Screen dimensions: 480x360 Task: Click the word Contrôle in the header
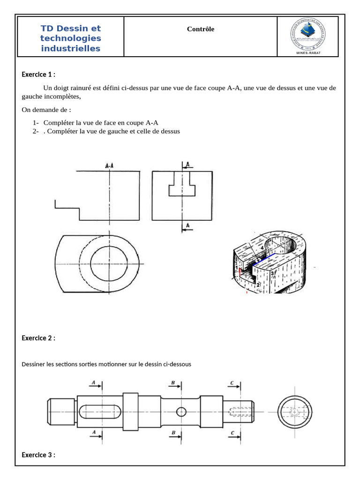point(201,29)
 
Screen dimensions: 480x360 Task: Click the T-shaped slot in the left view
point(182,185)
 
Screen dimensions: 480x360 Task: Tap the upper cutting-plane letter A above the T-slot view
point(188,165)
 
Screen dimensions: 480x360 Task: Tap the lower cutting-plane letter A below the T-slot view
point(188,226)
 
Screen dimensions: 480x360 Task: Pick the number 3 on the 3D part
point(272,272)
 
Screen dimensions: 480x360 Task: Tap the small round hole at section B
point(181,412)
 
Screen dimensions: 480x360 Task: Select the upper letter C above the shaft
point(232,383)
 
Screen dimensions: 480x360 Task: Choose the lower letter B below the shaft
point(173,432)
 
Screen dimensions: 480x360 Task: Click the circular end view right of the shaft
point(294,412)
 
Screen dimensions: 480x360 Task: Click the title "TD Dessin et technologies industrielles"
point(71,38)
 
